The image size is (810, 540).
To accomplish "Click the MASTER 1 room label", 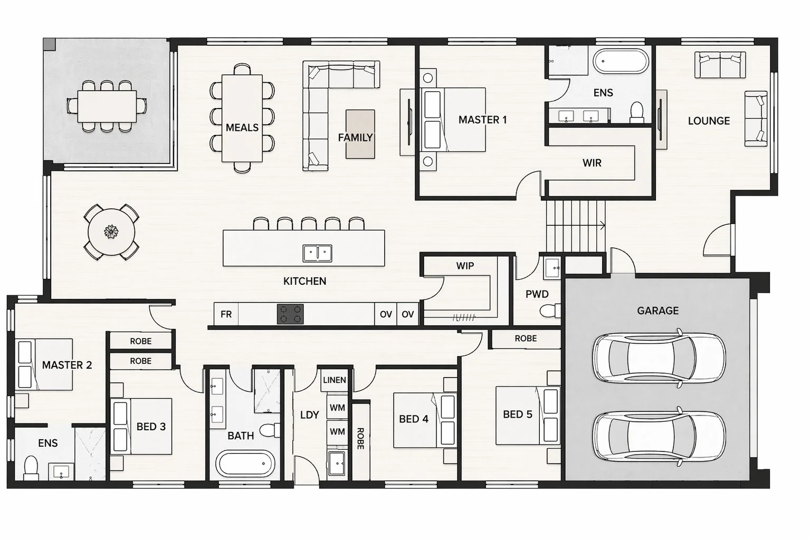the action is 482,120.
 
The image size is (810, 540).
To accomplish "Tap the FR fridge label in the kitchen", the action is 226,314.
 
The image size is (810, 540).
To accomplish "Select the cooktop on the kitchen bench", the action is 290,314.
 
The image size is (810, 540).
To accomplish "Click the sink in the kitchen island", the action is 317,253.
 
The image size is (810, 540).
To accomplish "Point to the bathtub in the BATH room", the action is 245,464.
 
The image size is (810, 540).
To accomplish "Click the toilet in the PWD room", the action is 550,311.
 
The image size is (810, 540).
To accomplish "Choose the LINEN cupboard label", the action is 335,380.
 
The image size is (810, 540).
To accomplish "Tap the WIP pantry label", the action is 465,266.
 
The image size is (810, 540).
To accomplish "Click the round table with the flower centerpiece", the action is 111,232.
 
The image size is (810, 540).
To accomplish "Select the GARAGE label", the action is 658,311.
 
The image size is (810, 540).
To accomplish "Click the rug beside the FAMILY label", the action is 360,134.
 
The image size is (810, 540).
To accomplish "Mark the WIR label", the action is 592,163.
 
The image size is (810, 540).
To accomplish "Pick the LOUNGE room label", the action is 709,121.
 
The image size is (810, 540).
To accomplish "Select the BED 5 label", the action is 518,414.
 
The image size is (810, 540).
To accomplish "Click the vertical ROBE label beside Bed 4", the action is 360,438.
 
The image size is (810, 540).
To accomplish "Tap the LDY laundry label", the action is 310,415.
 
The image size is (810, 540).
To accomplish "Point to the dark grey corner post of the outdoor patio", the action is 49,44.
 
